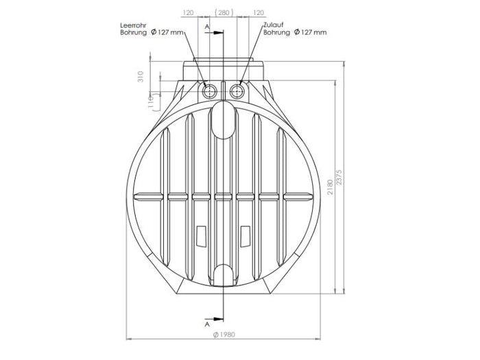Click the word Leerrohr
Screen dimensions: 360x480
(135, 25)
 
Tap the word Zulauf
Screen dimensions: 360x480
(274, 25)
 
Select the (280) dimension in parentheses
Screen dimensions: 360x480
(224, 12)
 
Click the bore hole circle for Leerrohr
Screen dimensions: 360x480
(210, 91)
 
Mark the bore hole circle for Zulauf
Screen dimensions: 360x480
(238, 91)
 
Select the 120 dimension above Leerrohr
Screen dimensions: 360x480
(189, 12)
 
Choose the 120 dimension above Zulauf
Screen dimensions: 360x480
(259, 12)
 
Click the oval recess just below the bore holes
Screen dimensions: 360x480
(224, 117)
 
